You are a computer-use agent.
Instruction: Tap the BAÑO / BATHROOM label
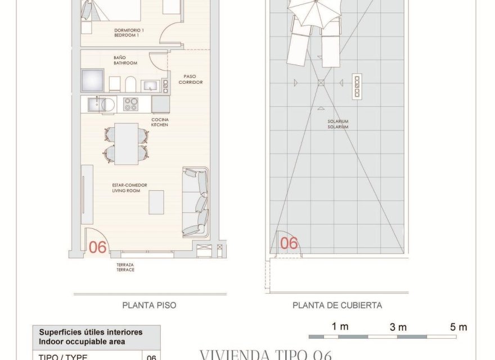(125, 60)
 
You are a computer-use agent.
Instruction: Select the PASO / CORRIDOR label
(190, 79)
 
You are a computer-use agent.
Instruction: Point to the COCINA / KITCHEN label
(160, 122)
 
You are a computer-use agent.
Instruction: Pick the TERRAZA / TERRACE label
(125, 267)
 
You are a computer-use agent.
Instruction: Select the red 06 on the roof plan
(289, 243)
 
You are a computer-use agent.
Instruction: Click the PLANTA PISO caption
(149, 305)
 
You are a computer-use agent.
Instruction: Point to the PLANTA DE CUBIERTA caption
(337, 305)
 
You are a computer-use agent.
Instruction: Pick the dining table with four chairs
(127, 143)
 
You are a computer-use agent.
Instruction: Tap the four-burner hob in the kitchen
(130, 104)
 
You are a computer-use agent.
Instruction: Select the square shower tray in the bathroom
(92, 80)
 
